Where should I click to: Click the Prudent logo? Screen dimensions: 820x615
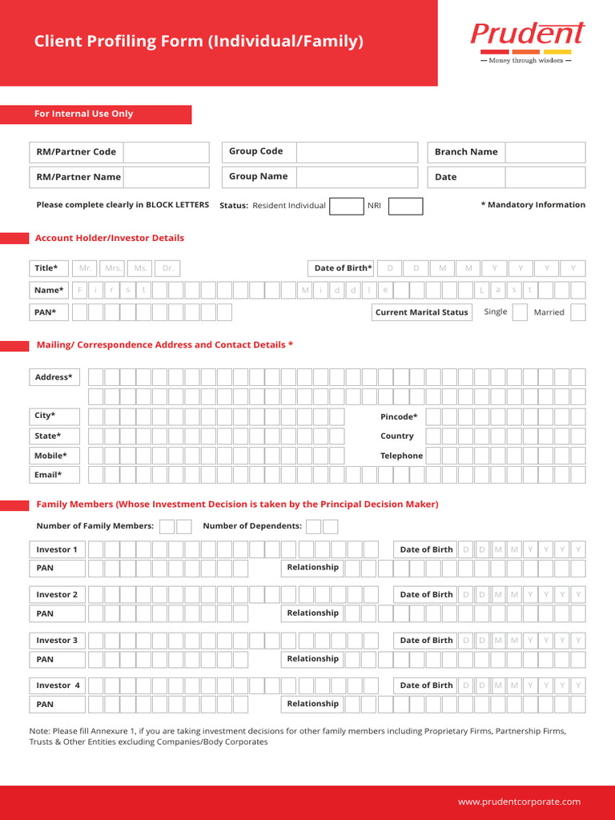(527, 34)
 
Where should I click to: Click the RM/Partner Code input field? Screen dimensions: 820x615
(166, 152)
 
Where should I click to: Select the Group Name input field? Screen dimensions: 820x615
(357, 177)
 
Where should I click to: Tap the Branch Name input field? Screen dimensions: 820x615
(545, 152)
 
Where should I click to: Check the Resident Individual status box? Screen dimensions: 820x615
(346, 206)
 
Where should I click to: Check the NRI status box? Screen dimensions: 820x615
(405, 206)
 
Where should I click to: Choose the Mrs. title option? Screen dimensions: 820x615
(113, 268)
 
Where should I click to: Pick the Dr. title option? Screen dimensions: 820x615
(167, 268)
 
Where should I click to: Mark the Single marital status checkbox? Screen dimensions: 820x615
(520, 312)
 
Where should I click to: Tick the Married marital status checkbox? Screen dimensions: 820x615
(577, 312)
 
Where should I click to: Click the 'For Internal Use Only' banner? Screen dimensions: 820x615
(95, 115)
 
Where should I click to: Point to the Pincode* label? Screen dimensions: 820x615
(399, 417)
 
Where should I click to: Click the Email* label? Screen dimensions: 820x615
(48, 475)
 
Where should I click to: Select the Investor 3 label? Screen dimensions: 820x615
(57, 641)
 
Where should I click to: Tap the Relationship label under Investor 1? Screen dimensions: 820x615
(312, 568)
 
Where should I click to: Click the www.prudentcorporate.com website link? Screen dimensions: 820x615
(519, 802)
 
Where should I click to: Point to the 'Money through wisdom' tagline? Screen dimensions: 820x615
(525, 61)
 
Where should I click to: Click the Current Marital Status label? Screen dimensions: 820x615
(421, 312)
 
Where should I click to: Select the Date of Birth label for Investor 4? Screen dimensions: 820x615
(426, 685)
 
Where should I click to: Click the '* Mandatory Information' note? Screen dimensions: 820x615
(533, 205)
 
